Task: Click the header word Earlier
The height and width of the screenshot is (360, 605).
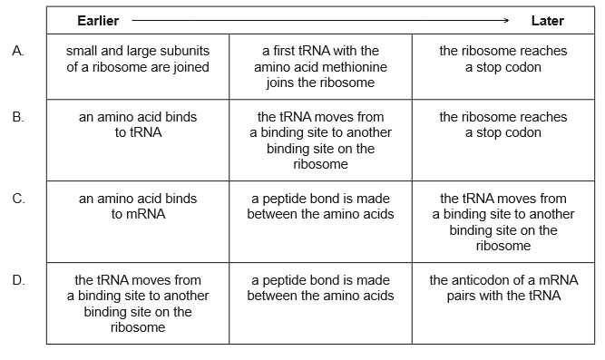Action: (98, 20)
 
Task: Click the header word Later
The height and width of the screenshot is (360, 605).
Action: (547, 20)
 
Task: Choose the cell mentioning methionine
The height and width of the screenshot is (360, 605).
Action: (320, 67)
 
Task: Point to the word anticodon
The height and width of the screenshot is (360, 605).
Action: (486, 280)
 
